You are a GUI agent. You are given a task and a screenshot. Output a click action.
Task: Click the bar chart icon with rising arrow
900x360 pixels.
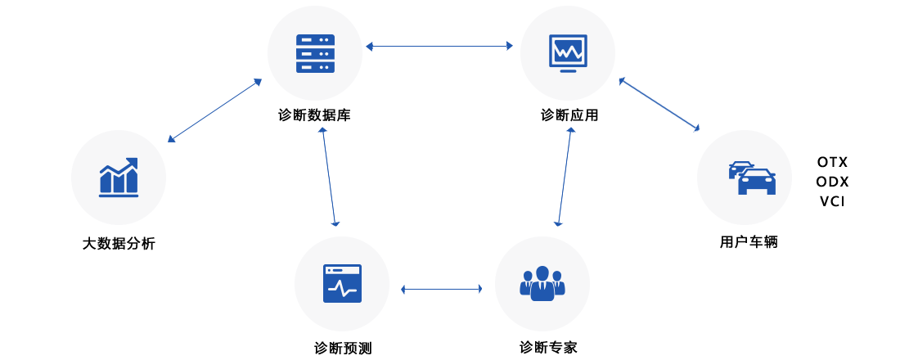click(119, 178)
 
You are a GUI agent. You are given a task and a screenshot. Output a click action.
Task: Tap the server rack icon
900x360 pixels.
click(315, 54)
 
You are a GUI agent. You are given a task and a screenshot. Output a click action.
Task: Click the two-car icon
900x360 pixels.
click(752, 178)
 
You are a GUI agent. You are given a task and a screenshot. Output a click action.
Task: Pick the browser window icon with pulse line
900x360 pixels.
click(342, 284)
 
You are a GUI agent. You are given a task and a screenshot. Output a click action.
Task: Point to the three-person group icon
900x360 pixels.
click(542, 284)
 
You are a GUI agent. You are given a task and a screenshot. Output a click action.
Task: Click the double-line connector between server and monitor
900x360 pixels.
click(439, 47)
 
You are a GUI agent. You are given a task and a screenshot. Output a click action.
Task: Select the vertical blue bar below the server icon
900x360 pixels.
click(329, 176)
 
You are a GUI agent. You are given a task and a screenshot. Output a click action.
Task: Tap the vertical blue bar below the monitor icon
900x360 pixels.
click(565, 176)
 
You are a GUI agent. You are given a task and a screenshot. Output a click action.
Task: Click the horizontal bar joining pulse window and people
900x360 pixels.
click(441, 289)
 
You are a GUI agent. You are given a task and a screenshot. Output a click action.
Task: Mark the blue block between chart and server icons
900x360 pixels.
click(214, 110)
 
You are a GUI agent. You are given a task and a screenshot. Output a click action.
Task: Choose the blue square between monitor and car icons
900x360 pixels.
click(659, 105)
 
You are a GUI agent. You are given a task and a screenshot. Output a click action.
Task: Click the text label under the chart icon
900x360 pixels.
click(119, 244)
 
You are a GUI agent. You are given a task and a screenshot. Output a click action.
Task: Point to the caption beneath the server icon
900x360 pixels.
click(314, 115)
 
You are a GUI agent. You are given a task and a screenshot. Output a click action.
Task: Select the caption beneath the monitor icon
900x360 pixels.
click(569, 115)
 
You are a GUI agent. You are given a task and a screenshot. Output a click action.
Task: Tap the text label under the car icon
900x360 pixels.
click(749, 242)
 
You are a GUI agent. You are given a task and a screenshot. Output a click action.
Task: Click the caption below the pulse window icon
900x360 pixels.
click(343, 349)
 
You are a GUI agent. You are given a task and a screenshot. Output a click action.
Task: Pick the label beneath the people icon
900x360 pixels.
click(548, 348)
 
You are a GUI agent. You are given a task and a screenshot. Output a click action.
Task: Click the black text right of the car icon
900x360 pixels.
click(832, 181)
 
